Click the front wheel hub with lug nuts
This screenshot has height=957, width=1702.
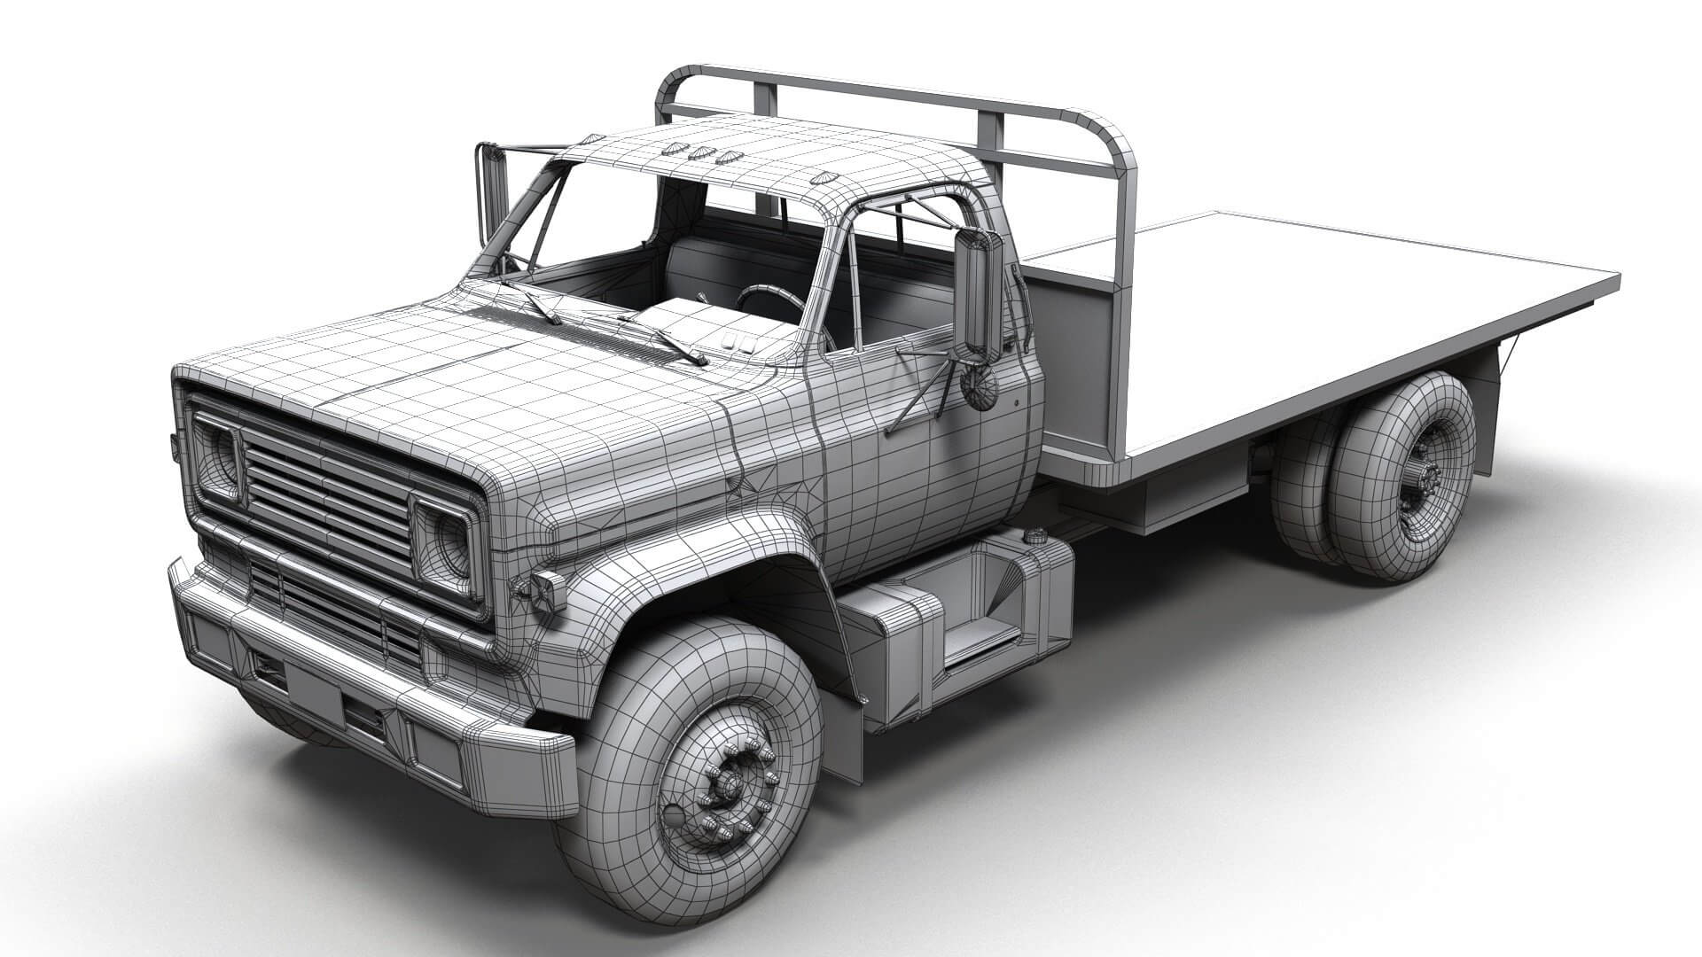pyautogui.click(x=729, y=785)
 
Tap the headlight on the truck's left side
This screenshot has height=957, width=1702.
pyautogui.click(x=218, y=459)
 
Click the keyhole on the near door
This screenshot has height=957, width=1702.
pyautogui.click(x=1017, y=401)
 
